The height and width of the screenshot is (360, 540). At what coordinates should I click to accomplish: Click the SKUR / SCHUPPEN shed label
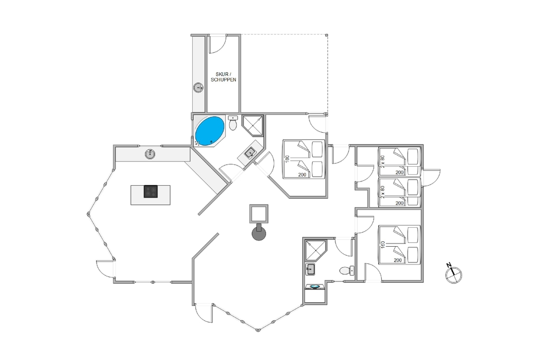pos(224,77)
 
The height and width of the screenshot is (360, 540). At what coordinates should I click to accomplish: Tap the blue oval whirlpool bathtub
pos(210,131)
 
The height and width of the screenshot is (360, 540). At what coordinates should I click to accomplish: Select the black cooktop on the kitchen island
pos(151,192)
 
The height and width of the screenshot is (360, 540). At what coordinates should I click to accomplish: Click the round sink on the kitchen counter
pos(150,154)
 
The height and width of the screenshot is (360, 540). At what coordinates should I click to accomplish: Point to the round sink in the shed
pos(198,87)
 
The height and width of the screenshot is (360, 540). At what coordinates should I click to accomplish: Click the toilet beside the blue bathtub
pos(233,123)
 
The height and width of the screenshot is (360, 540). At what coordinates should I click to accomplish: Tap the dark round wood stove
pos(259,233)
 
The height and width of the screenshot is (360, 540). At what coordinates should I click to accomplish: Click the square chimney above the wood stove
pos(259,214)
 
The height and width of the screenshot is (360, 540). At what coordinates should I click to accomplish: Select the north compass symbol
pos(453,274)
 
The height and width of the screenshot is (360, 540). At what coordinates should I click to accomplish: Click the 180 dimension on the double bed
pos(287,159)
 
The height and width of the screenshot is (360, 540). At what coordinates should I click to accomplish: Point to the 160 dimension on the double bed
pos(383,244)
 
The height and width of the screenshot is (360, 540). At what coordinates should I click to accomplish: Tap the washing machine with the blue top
pos(315,287)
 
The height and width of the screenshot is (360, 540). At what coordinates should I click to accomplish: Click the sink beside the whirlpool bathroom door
pos(250,152)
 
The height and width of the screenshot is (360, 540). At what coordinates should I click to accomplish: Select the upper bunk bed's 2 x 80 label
pos(383,161)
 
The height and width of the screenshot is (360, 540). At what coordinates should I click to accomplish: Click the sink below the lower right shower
pos(310,269)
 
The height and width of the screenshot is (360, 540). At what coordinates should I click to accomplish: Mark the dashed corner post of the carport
pos(327,35)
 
